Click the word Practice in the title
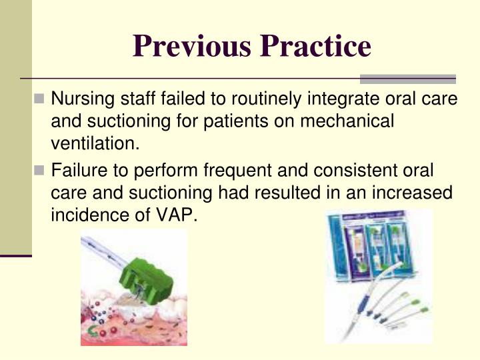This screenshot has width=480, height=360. pyautogui.click(x=316, y=46)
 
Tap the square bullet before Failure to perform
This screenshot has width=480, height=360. pyautogui.click(x=40, y=171)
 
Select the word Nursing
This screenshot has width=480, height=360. pyautogui.click(x=77, y=100)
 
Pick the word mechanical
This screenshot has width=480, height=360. pyautogui.click(x=347, y=121)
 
